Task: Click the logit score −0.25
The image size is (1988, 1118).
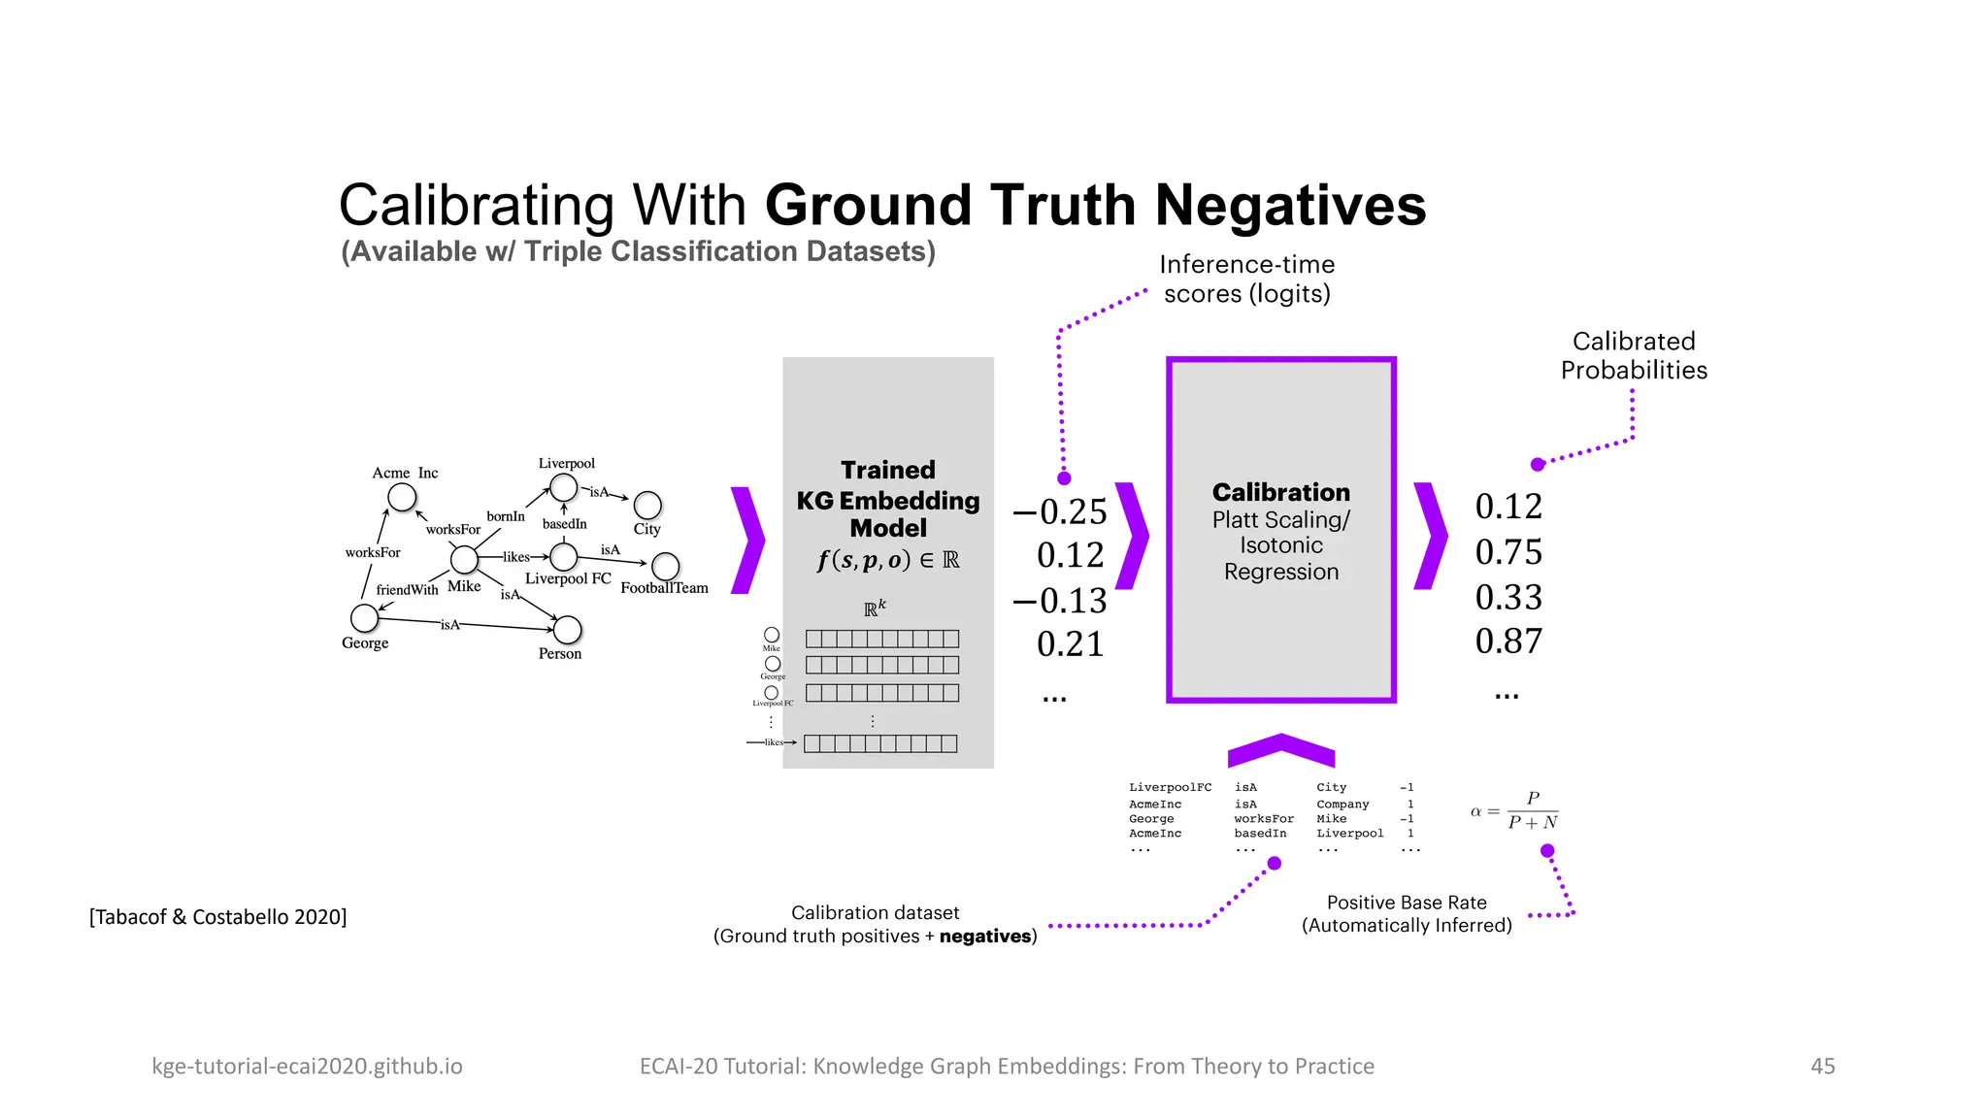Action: click(1060, 511)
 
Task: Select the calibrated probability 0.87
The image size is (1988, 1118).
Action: click(1508, 641)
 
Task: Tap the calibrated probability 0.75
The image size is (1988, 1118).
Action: click(1508, 552)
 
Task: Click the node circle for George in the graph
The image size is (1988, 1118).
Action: click(364, 617)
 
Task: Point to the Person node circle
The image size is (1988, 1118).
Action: click(567, 630)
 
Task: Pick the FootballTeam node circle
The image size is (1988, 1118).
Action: click(665, 566)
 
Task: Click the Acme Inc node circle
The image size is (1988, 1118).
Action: click(402, 497)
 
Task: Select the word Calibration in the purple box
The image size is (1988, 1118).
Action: click(1280, 492)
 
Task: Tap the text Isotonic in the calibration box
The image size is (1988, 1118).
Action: click(1280, 545)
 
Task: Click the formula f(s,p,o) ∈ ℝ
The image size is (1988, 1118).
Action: click(888, 560)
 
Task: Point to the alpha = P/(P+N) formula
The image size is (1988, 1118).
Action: click(1516, 810)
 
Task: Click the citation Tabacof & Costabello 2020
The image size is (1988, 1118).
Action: click(217, 917)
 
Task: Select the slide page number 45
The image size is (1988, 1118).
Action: click(1822, 1066)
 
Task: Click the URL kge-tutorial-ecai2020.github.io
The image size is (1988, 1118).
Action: click(307, 1066)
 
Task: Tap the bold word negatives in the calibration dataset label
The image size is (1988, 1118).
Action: click(984, 937)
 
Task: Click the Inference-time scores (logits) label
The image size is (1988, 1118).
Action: click(1246, 279)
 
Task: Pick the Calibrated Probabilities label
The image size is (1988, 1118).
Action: click(1634, 355)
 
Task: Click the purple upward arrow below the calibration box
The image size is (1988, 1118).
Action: click(1281, 749)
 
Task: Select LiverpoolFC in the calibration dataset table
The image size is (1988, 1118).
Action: click(1170, 787)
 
